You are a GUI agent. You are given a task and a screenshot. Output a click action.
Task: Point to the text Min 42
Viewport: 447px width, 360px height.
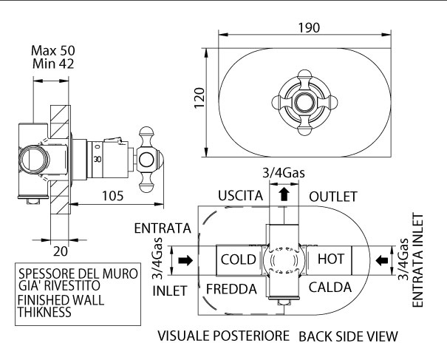(x=58, y=65)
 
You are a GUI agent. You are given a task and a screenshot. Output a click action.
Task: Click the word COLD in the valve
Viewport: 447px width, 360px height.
(x=237, y=260)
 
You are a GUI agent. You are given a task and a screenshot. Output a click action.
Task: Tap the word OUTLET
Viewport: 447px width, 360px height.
(x=332, y=196)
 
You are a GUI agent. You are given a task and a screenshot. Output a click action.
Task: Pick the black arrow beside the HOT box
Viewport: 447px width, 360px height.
(x=382, y=260)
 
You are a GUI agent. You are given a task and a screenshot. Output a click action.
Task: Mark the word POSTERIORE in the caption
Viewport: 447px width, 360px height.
(x=251, y=336)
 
